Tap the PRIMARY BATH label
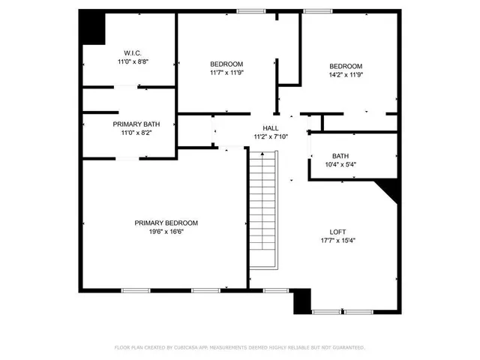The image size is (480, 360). tap(136, 124)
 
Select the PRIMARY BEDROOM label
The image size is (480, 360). tap(166, 223)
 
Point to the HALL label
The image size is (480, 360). tap(270, 128)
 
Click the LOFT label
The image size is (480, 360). tap(337, 232)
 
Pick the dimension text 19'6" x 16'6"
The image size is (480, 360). tap(166, 232)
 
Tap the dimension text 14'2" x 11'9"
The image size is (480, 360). tap(346, 74)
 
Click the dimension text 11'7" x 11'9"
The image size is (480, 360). tap(226, 73)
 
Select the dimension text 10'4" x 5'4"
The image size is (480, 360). tap(341, 164)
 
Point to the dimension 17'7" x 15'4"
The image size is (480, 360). tap(337, 241)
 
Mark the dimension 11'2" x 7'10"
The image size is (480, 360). tap(270, 136)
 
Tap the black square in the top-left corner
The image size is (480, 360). tap(91, 28)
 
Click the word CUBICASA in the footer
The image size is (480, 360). tap(191, 348)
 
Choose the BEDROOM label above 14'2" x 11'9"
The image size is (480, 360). tap(346, 65)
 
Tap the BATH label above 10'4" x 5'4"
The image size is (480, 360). tap(341, 156)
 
